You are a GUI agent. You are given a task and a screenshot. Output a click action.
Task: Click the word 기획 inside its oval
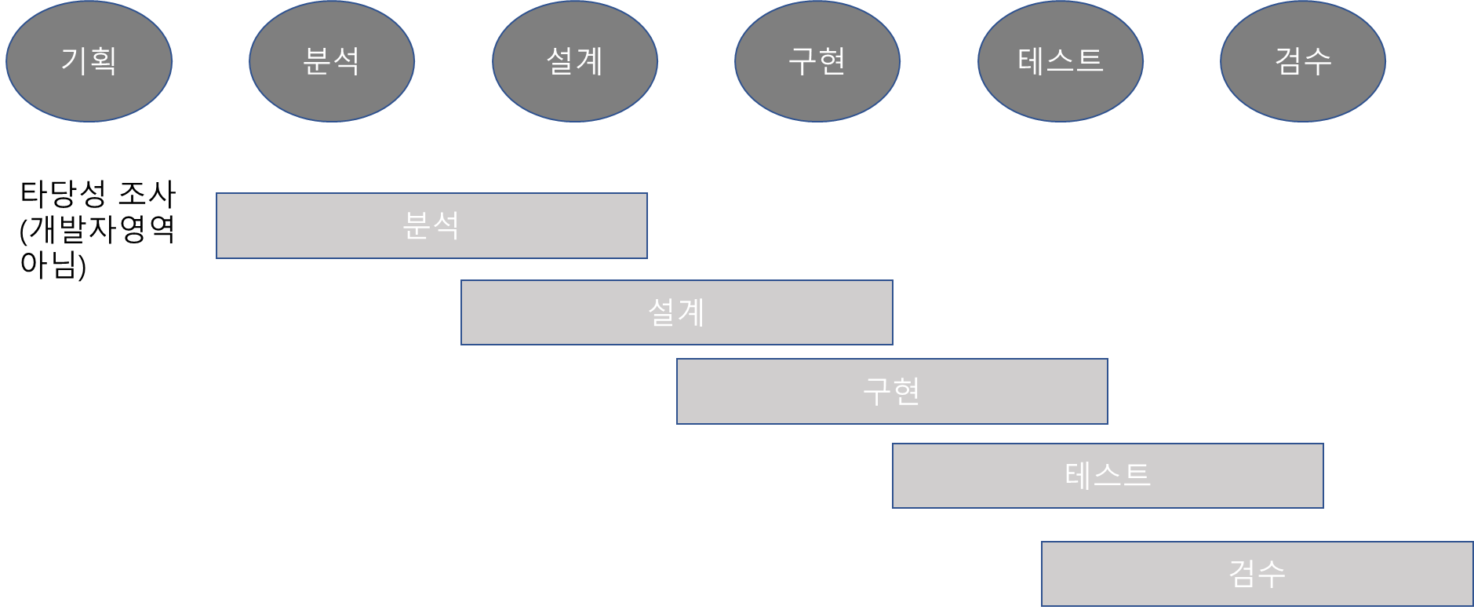pos(89,60)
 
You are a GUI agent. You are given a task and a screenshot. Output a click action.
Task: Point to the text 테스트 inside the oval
pos(1061,60)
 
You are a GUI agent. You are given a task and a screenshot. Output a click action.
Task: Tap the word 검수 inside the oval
pos(1303,60)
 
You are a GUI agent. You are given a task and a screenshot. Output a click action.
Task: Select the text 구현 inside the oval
pos(817,60)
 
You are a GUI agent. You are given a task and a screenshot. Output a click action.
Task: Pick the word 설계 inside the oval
pos(575,60)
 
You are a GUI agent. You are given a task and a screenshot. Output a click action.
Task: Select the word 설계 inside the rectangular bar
pos(676,312)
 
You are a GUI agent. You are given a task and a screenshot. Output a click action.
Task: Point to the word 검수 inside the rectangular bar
pos(1257,574)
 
